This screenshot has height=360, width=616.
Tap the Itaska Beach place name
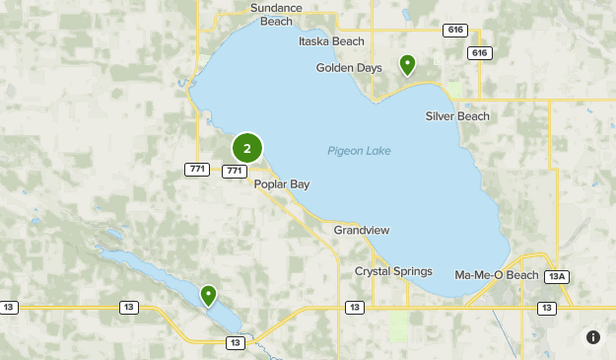(331, 41)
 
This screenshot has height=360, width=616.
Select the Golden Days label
(349, 68)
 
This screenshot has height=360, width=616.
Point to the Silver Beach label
(457, 116)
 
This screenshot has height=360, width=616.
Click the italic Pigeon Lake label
(359, 151)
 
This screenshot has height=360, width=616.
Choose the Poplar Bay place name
(282, 184)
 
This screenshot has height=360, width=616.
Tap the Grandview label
(362, 230)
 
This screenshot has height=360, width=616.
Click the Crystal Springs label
(393, 271)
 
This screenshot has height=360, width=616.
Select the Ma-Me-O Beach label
(497, 274)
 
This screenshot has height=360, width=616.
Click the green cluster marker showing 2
(247, 149)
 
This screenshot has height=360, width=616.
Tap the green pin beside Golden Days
(407, 65)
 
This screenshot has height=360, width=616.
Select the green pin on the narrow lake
(208, 295)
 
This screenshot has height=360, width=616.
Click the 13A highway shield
(558, 276)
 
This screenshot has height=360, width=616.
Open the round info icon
(593, 337)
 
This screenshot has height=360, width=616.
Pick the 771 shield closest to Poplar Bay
(235, 171)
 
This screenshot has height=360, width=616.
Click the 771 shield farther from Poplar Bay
(197, 170)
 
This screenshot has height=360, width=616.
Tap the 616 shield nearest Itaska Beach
(455, 31)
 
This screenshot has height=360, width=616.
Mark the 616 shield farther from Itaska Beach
(480, 52)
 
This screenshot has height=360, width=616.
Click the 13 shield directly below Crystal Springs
(354, 308)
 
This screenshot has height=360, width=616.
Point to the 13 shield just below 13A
(546, 308)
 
